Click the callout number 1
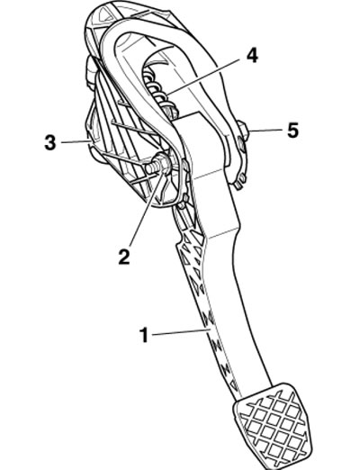[x=145, y=335]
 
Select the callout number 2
[x=124, y=257]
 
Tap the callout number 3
[x=50, y=142]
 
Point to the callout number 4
[x=252, y=56]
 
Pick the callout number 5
[x=292, y=131]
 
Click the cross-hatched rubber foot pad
[x=273, y=426]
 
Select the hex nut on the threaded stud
[x=164, y=164]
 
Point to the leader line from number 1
[x=181, y=332]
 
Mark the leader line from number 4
[x=204, y=77]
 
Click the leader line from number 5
[x=265, y=131]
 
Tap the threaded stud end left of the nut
[x=150, y=167]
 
